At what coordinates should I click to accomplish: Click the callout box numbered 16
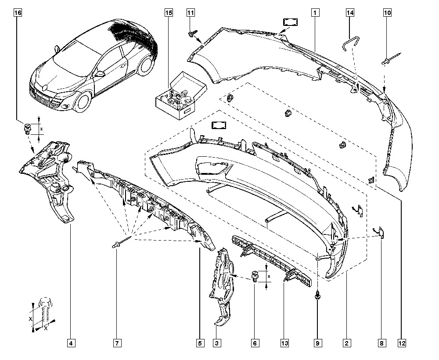18,13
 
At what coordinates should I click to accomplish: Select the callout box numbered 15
169,13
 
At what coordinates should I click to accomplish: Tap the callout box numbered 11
190,13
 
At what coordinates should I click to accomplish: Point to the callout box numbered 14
349,13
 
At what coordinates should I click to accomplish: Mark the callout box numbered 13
284,342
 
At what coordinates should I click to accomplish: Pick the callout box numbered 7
117,342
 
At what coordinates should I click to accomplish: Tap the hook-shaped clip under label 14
348,43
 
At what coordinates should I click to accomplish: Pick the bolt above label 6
255,277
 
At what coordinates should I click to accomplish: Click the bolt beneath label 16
27,130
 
